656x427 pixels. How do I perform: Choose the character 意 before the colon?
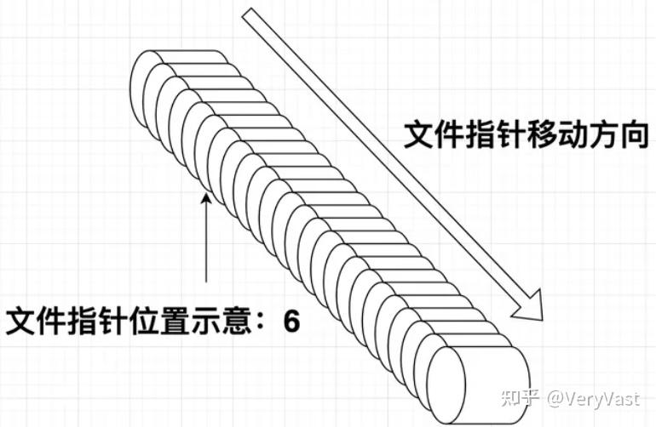[x=232, y=324]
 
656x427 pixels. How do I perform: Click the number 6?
[x=291, y=324]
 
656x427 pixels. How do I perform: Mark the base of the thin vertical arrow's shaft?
[x=206, y=282]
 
